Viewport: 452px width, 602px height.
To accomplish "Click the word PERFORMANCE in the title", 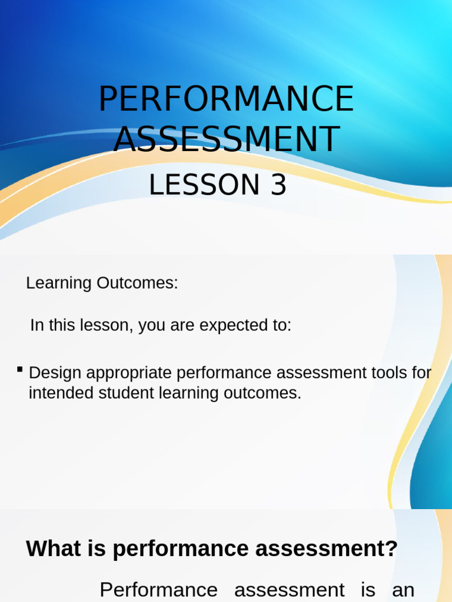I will (x=226, y=99).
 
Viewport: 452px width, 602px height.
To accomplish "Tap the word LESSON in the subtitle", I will (x=204, y=185).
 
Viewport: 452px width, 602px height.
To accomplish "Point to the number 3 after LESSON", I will (x=278, y=185).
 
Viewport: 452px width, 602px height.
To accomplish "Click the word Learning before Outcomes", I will (x=59, y=283).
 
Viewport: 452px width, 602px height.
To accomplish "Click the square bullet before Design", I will (x=20, y=369).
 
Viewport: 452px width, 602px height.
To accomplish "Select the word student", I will (x=121, y=393).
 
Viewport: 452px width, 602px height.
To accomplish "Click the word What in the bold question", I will (x=53, y=549).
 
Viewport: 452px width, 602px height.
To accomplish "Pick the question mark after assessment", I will (x=391, y=549).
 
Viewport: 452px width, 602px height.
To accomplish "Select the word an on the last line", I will (x=403, y=590).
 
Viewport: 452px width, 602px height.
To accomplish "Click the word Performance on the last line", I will (x=158, y=590).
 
